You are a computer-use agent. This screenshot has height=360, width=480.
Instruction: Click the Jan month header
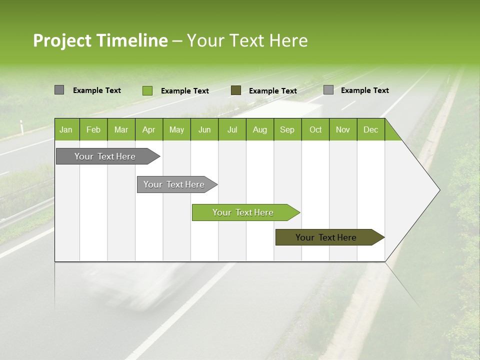tap(66, 129)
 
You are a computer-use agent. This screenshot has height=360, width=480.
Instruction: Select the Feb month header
tap(93, 129)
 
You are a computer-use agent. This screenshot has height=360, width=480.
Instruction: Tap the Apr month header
tap(148, 129)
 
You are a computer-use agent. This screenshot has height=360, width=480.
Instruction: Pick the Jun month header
tap(204, 129)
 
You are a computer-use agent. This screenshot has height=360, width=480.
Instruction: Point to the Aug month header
tap(259, 129)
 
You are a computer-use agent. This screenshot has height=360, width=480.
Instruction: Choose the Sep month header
tap(287, 129)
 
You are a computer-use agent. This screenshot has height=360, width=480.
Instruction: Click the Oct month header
tap(315, 129)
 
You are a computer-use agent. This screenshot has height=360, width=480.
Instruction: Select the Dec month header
tap(370, 129)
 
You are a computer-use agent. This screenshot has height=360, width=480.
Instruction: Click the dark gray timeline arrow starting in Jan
tap(105, 156)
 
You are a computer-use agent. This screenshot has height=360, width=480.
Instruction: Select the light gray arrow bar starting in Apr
tap(174, 184)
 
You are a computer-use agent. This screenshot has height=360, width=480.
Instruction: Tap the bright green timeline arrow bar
tap(243, 212)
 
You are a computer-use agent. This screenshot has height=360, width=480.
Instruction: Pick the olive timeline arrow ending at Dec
tap(326, 237)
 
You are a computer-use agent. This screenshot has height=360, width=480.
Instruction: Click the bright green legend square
tap(147, 90)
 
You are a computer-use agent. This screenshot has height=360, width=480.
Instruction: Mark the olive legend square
tap(235, 90)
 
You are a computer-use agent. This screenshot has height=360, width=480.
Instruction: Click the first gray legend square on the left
tap(59, 90)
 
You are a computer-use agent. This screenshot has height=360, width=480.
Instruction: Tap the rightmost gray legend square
tap(328, 90)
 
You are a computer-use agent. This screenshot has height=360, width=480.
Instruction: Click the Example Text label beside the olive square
tap(272, 91)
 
